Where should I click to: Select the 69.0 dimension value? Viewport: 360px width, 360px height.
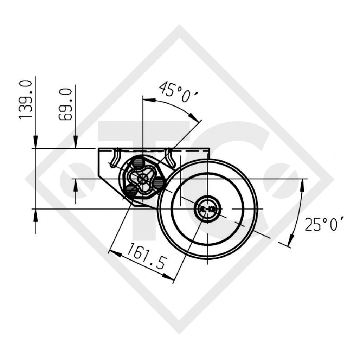click(x=66, y=105)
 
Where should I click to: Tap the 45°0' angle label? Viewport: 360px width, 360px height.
click(x=178, y=92)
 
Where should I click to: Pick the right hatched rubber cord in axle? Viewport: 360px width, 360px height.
click(x=159, y=183)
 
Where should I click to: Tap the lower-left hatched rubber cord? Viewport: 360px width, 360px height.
click(x=131, y=190)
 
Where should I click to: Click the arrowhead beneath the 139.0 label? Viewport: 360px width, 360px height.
click(x=36, y=142)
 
